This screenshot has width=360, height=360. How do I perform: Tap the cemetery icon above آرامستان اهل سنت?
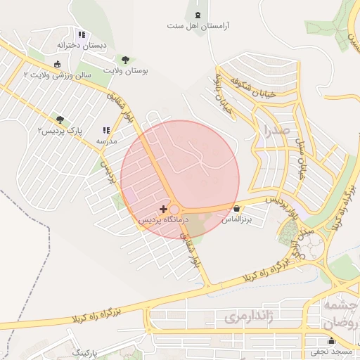[x=197, y=15]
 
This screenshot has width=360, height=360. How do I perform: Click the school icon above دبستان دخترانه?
[x=82, y=34]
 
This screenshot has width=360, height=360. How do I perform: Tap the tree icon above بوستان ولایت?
[x=126, y=60]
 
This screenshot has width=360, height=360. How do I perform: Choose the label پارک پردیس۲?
[x=60, y=131]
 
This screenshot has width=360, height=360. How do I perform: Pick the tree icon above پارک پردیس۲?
[x=60, y=120]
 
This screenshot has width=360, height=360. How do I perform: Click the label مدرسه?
[x=107, y=141]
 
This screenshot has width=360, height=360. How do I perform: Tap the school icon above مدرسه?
[x=106, y=131]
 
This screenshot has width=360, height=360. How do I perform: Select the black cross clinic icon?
[x=164, y=209]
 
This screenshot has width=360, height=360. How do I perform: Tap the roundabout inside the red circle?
[x=174, y=210]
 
